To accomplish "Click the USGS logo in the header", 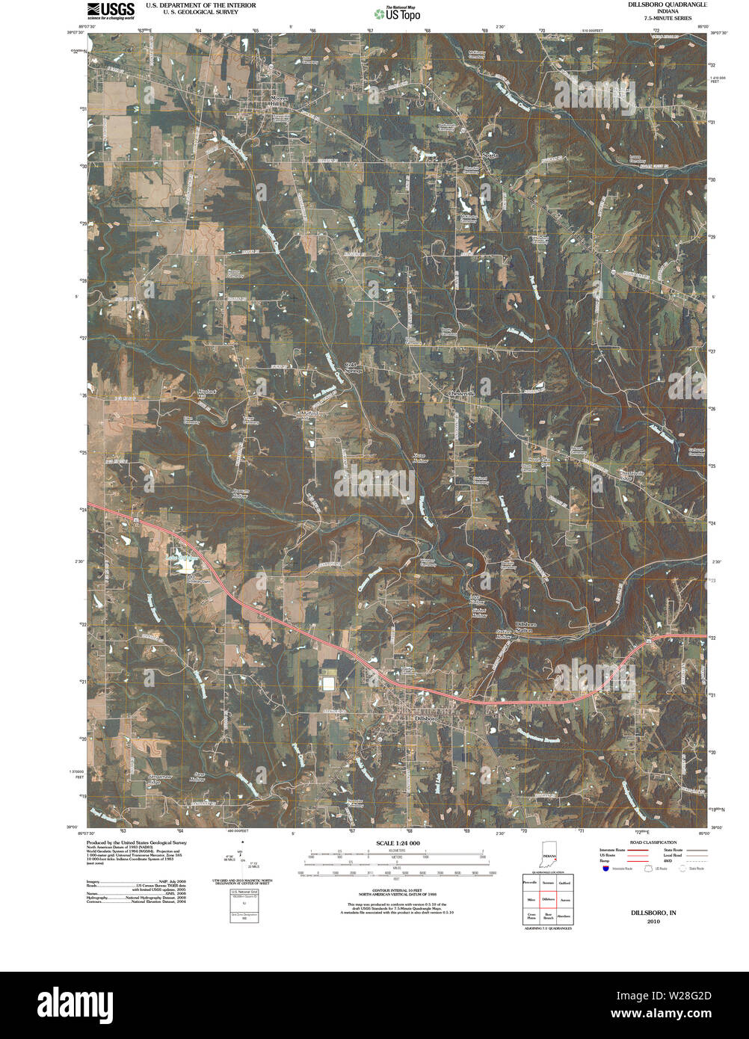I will (110, 10).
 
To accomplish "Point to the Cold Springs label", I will (354, 368).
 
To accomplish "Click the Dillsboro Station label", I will (525, 627).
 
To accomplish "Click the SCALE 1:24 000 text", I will (398, 843).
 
